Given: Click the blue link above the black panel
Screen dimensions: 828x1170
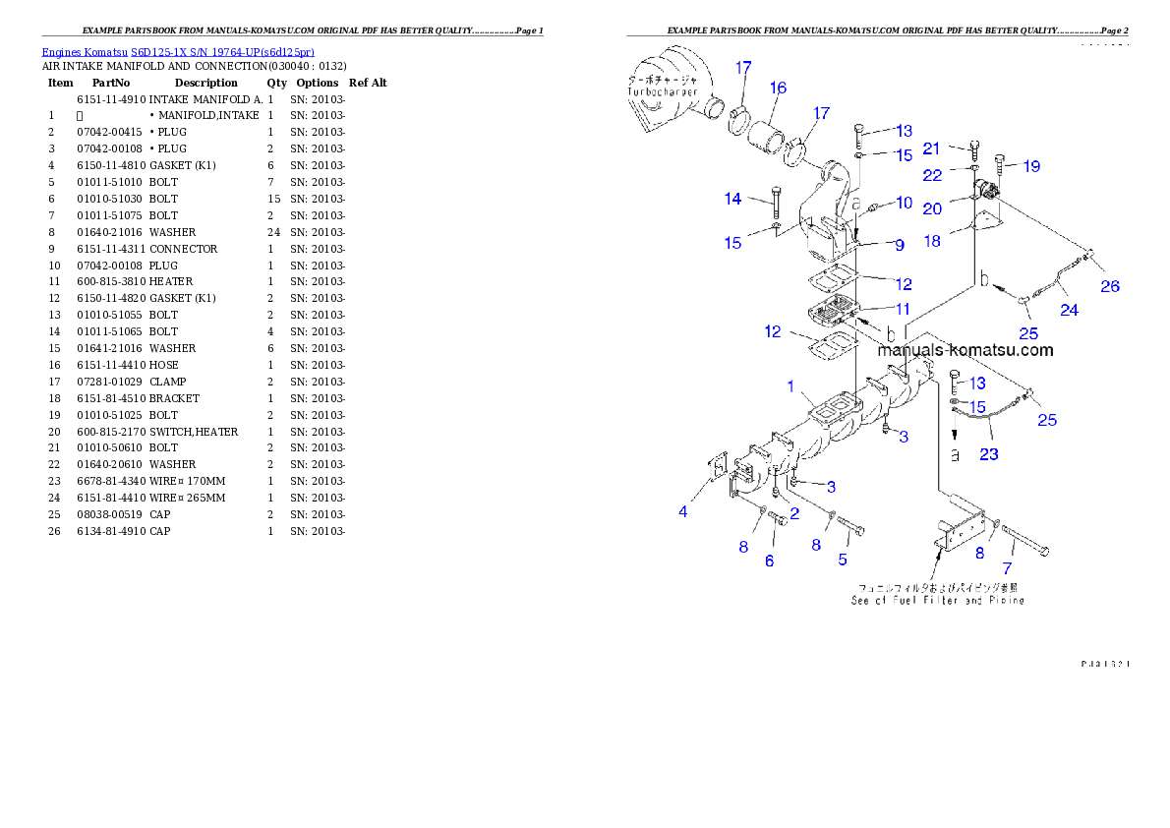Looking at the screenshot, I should coord(178,52).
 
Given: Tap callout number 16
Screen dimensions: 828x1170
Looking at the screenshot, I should coord(778,89).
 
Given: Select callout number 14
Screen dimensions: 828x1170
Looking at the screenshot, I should coord(733,199).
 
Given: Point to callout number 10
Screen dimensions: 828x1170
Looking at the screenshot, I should coord(905,204).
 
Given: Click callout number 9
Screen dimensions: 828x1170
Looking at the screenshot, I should coord(899,245).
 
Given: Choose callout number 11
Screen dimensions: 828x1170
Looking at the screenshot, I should coord(902,308).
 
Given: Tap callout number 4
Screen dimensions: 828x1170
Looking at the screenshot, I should coord(683,511).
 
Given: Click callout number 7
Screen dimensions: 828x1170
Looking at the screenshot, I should coord(1007,568).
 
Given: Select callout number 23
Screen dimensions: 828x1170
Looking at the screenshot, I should coord(988,453).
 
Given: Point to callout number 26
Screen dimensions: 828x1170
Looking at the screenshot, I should coord(1110,287).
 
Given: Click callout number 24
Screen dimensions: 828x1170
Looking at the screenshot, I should coord(1069,310).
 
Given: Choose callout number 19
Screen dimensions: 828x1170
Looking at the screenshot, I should coord(1030,166).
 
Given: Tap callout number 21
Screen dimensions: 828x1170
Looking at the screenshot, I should coord(932,148).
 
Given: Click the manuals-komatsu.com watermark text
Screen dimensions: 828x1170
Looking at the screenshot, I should coord(965,350).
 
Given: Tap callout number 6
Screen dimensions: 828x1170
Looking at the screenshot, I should coord(769,561).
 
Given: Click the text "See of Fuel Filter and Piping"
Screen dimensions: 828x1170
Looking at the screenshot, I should coord(937,600).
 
